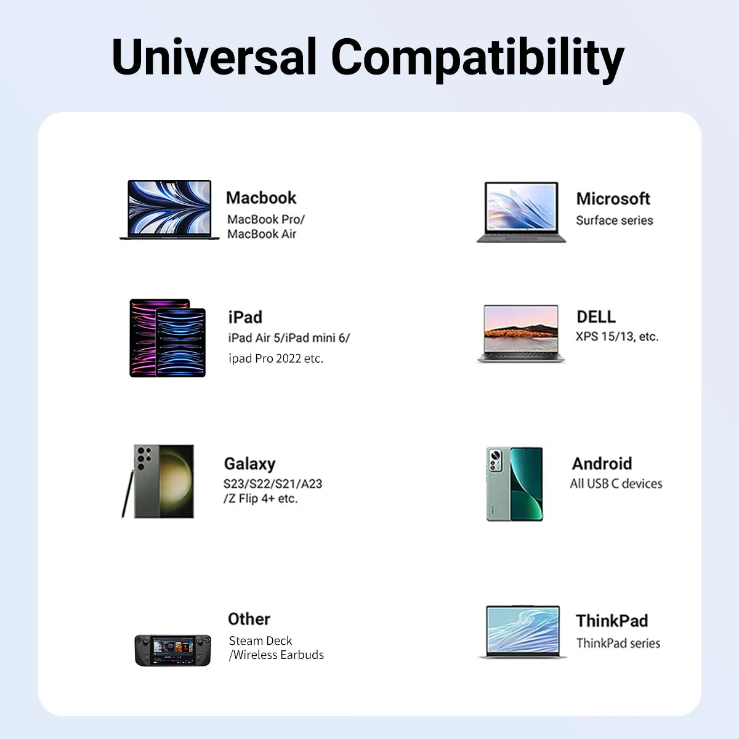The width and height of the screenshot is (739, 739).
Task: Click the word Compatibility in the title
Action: pyautogui.click(x=477, y=57)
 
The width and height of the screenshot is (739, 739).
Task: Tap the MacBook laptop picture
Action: pyautogui.click(x=169, y=209)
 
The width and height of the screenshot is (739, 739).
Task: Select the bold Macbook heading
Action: pyautogui.click(x=261, y=198)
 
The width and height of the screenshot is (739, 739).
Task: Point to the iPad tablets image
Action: pyautogui.click(x=168, y=338)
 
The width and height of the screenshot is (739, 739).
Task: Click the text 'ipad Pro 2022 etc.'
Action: pyautogui.click(x=275, y=358)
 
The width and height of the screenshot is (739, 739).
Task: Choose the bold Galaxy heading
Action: pyautogui.click(x=249, y=464)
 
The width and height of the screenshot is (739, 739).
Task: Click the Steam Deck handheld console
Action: pyautogui.click(x=173, y=650)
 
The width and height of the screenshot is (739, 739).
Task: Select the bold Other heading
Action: pyautogui.click(x=249, y=619)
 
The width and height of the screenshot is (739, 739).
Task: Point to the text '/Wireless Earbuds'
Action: pyautogui.click(x=277, y=655)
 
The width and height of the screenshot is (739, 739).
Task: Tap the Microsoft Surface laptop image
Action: pyautogui.click(x=521, y=212)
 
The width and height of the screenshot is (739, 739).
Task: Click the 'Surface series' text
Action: pyautogui.click(x=614, y=220)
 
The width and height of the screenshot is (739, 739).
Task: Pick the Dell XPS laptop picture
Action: pyautogui.click(x=521, y=333)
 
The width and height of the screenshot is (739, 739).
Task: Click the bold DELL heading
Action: pyautogui.click(x=596, y=317)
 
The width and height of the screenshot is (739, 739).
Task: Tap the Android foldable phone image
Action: pyautogui.click(x=515, y=484)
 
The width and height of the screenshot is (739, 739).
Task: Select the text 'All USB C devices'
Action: pyautogui.click(x=616, y=484)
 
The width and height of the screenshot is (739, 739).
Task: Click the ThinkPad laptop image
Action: pyautogui.click(x=523, y=632)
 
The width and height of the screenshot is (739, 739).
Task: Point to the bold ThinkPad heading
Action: pyautogui.click(x=612, y=621)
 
